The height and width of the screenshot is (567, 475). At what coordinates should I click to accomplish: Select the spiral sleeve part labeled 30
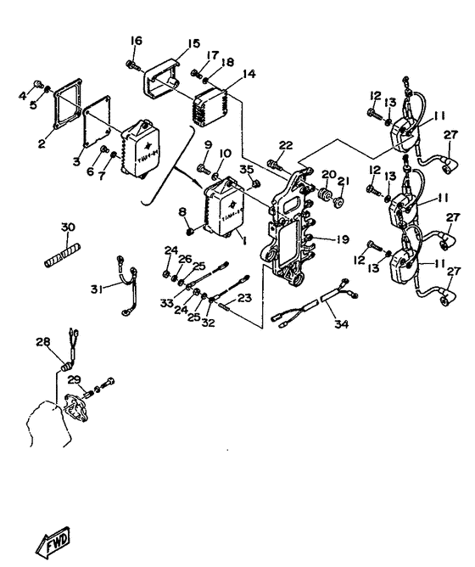coord(61,254)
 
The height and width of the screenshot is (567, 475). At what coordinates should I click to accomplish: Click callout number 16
coord(136,40)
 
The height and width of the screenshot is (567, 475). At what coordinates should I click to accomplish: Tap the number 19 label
coord(342,240)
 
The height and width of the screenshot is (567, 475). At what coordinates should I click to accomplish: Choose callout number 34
coord(341,323)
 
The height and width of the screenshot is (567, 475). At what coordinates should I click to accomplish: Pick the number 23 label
coord(245,297)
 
